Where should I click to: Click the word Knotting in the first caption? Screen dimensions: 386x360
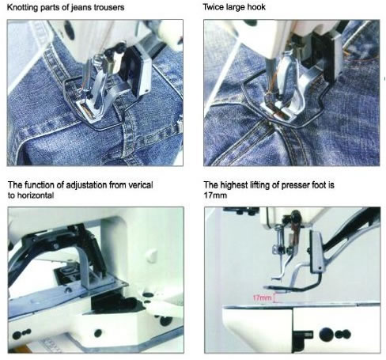point(22,7)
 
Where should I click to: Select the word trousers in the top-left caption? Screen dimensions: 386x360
point(110,7)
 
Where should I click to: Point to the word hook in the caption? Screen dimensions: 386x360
point(257,7)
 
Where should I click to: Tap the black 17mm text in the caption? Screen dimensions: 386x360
point(215,195)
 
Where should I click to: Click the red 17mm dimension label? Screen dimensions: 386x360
point(262,298)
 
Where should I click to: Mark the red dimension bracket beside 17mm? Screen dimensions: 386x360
point(275,297)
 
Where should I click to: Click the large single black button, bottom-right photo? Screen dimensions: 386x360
point(326,334)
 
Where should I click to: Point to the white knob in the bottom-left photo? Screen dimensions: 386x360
point(151,255)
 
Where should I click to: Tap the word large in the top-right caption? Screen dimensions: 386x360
point(236,7)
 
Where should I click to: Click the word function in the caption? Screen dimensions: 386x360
point(40,185)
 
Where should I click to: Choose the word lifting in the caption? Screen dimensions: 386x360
point(259,185)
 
